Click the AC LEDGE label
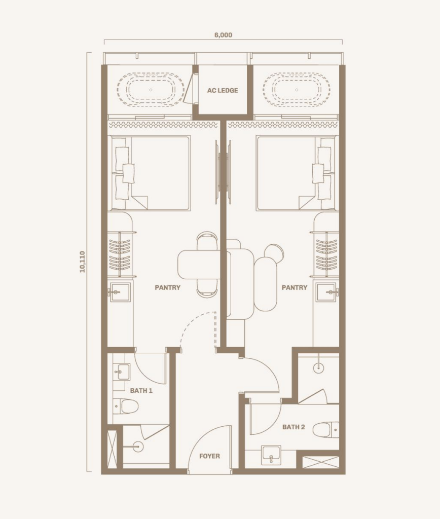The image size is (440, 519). pyautogui.click(x=223, y=90)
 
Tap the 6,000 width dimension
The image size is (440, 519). pyautogui.click(x=223, y=35)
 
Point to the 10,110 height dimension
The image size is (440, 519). pyautogui.click(x=83, y=262)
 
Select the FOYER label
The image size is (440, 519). pyautogui.click(x=209, y=456)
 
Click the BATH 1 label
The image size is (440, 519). pyautogui.click(x=141, y=391)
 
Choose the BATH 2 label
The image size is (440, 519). pyautogui.click(x=294, y=427)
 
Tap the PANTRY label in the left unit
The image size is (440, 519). pyautogui.click(x=167, y=288)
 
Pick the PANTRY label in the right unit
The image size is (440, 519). pyautogui.click(x=295, y=288)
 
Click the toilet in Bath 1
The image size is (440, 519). pyautogui.click(x=125, y=406)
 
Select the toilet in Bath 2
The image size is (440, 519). pyautogui.click(x=326, y=430)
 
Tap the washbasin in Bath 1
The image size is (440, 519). pyautogui.click(x=122, y=372)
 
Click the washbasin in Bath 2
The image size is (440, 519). pyautogui.click(x=271, y=455)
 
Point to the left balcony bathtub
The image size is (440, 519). pyautogui.click(x=151, y=90)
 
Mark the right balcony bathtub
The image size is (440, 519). pyautogui.click(x=297, y=90)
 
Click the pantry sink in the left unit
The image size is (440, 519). pyautogui.click(x=120, y=292)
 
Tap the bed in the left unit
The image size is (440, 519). pyautogui.click(x=151, y=173)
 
